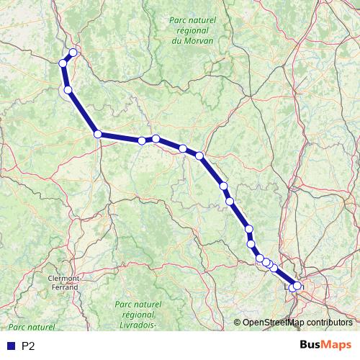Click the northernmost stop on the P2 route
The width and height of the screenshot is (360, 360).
[73, 53]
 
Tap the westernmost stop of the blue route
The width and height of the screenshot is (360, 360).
[63, 63]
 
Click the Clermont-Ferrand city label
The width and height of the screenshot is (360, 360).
[63, 282]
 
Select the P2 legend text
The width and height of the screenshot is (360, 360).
[29, 346]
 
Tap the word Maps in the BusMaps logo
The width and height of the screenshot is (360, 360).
[337, 346]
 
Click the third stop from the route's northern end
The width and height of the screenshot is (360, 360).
[68, 90]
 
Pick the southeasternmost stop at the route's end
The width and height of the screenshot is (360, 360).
[297, 286]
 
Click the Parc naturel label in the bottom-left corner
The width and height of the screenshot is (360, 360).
[27, 327]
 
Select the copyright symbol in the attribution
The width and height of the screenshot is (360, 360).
[238, 323]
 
